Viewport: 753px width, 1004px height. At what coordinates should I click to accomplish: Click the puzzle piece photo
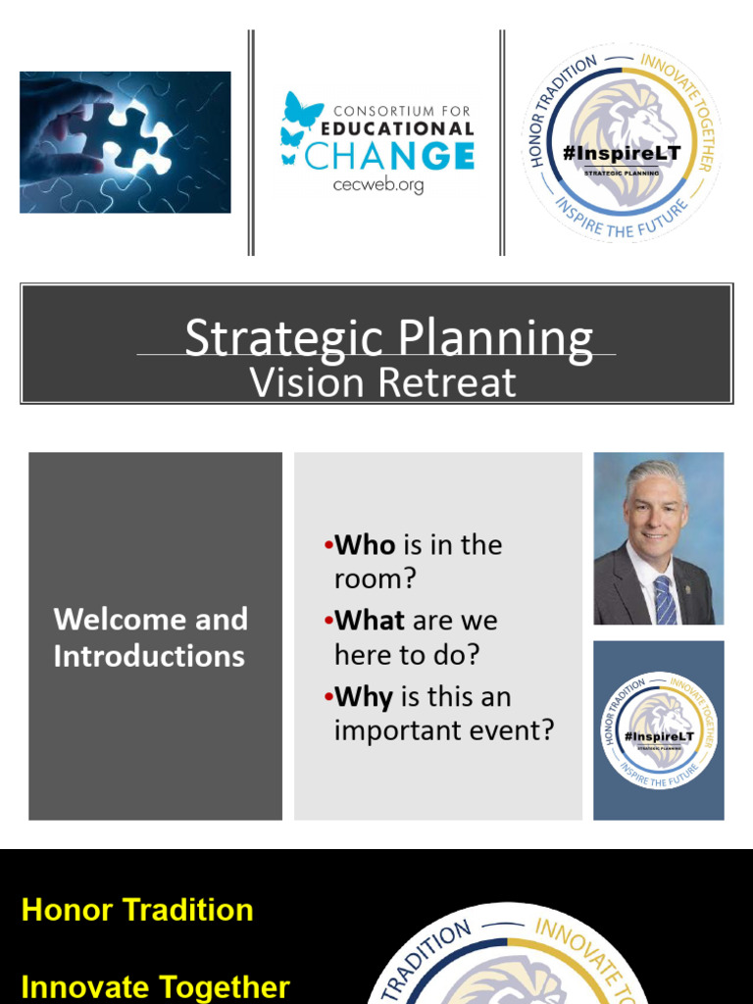[x=125, y=142]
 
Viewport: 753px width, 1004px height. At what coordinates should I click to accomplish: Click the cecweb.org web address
[x=377, y=184]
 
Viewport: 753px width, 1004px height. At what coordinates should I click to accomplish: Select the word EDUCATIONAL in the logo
[x=405, y=127]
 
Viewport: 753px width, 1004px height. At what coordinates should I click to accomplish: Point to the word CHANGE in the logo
[x=390, y=155]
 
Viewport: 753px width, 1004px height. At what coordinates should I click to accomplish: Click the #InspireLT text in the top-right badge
[x=622, y=154]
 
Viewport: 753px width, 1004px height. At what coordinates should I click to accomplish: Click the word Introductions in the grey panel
[x=149, y=656]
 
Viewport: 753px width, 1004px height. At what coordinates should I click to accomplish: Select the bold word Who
[x=365, y=545]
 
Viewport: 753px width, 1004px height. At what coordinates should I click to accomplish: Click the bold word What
[x=370, y=621]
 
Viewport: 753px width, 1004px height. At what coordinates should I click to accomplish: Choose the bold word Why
[x=364, y=697]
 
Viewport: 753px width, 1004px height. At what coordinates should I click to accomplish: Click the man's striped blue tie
[x=666, y=600]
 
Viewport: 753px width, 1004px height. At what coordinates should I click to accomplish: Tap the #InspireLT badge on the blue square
[x=659, y=730]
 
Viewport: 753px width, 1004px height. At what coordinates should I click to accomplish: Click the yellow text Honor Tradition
[x=137, y=910]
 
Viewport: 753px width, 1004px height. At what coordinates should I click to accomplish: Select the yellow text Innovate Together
[x=155, y=986]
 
